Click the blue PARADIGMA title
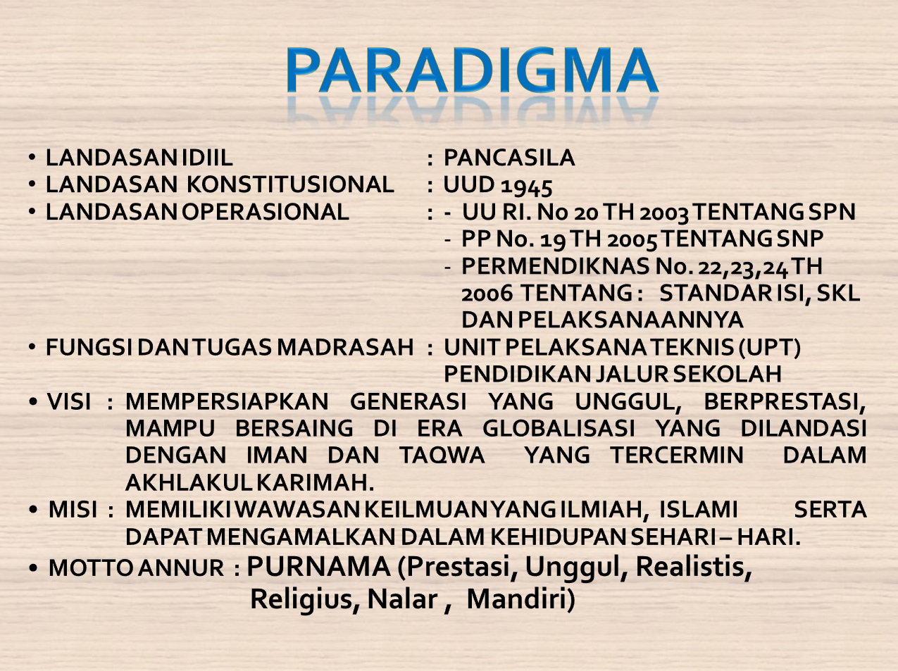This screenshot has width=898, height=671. point(472,70)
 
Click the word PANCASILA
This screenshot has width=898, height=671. point(509,158)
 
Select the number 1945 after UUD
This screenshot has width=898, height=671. point(527,187)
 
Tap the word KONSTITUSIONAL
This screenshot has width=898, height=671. point(290,184)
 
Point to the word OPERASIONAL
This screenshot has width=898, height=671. point(265,212)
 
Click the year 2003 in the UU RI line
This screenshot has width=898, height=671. point(664,213)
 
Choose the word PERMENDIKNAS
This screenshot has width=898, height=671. point(555,265)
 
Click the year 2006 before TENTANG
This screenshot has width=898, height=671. point(487,293)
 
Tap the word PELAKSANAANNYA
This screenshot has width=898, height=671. point(630,320)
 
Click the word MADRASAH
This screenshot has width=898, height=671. point(345,348)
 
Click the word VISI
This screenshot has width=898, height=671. point(69,401)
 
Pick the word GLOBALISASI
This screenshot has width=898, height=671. point(559,429)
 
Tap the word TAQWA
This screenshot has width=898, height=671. point(442,456)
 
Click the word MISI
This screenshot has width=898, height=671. point(73,510)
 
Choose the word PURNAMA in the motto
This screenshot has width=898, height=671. point(318,567)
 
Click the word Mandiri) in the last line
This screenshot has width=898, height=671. point(520,599)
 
